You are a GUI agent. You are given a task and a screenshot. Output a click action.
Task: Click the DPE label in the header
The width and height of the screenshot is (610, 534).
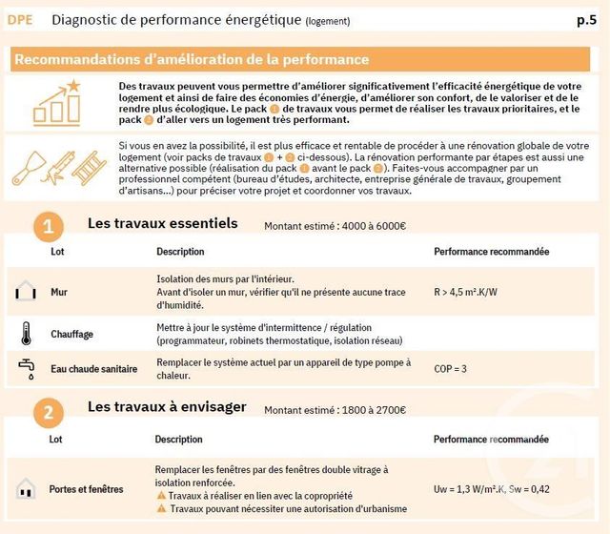coord(21,19)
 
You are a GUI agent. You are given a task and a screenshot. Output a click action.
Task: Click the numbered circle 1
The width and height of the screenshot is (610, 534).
coord(49,229)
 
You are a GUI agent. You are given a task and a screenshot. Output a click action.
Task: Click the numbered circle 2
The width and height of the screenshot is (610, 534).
coord(49,412)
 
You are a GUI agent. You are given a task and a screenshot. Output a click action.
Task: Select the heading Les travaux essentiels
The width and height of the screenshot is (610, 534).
coord(162,224)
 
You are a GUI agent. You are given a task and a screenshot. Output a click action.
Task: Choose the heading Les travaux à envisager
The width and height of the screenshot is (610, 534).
coord(167,407)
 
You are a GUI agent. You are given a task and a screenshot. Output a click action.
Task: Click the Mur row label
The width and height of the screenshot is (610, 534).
coord(59,293)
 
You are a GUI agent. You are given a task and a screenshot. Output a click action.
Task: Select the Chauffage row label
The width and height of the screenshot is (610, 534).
coord(71,335)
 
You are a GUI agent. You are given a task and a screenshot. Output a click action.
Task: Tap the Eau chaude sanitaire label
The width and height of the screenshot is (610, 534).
coord(93,369)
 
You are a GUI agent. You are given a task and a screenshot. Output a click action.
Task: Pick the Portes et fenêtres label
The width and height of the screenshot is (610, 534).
coord(86,490)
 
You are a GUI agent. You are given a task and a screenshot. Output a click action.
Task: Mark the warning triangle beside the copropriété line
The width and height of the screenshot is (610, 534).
coord(162,496)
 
